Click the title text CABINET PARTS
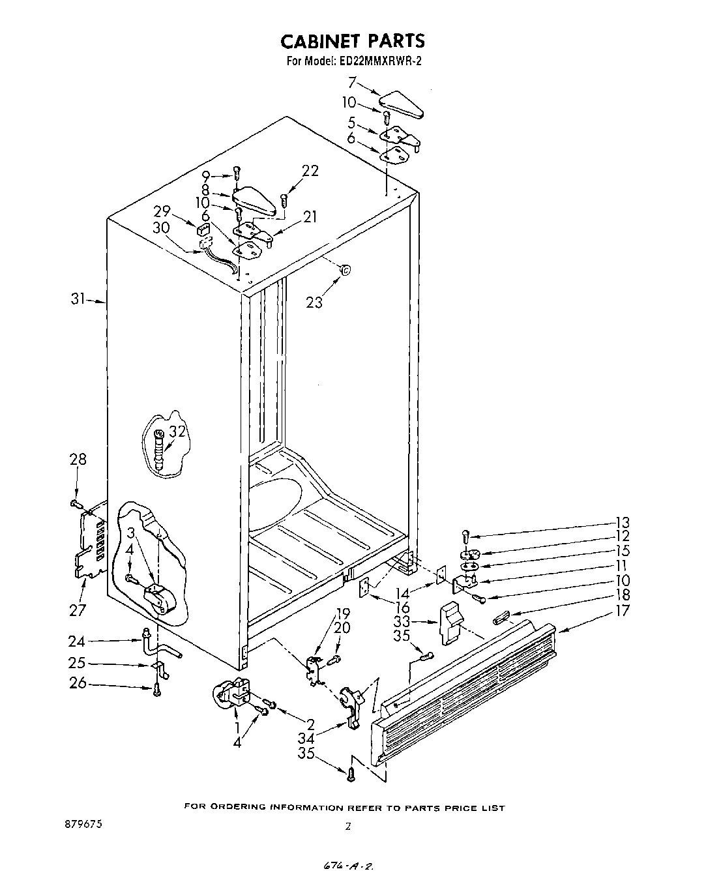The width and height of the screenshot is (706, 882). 352,41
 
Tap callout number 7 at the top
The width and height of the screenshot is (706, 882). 351,83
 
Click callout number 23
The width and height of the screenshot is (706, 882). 314,302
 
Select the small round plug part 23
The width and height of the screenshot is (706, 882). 345,269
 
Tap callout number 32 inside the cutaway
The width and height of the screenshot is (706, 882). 177,431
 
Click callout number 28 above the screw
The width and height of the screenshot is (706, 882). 78,460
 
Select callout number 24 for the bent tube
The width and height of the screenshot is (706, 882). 76,641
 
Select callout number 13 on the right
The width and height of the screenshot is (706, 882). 621,522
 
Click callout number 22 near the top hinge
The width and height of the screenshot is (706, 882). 310,171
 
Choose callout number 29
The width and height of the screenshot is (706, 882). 162,211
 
